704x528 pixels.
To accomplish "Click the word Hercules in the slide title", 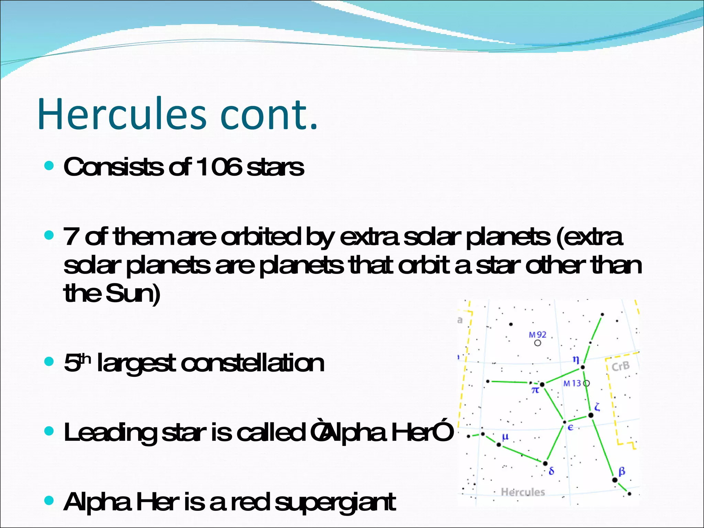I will [x=122, y=114].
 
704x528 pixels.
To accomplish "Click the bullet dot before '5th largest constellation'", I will [x=49, y=362].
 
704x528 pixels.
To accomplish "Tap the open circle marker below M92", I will [x=538, y=343].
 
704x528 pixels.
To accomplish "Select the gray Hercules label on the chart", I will [x=523, y=492].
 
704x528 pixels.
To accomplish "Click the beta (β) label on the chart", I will [x=621, y=471].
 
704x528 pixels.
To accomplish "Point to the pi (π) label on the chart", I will [x=535, y=390].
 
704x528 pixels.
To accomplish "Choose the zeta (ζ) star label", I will [x=597, y=407].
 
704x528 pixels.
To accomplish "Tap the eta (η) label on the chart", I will [x=576, y=360].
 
